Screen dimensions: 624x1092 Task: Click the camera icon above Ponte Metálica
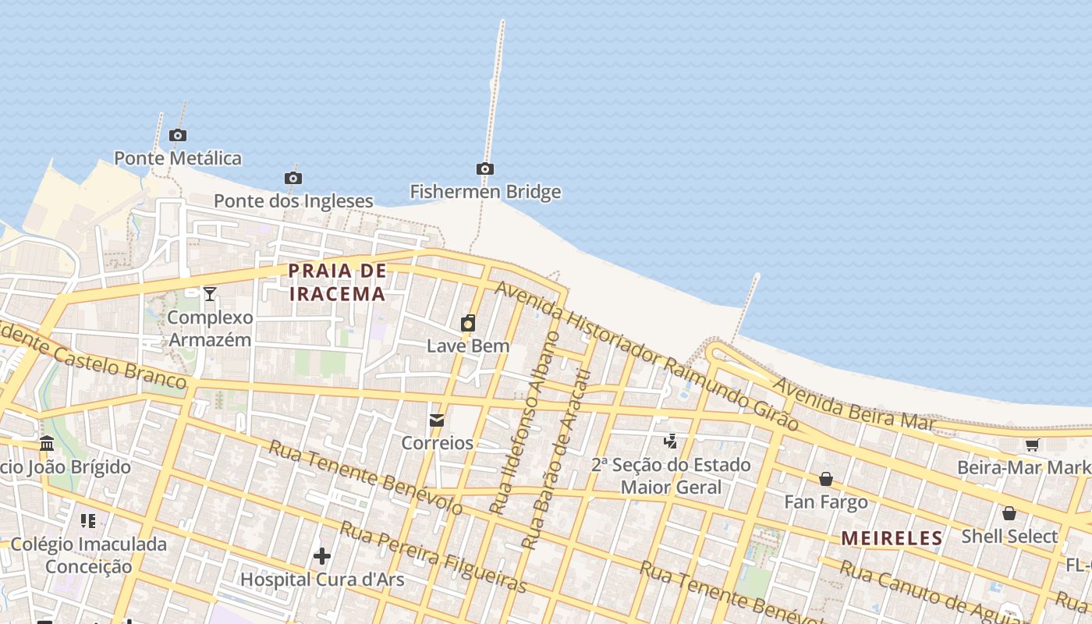point(178,136)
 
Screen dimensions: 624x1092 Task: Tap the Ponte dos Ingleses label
point(293,201)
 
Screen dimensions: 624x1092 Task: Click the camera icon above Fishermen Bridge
point(485,169)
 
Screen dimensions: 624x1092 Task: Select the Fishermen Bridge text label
point(485,192)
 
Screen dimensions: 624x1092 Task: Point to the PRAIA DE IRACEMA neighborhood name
point(337,282)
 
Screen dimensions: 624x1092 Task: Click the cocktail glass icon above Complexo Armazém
point(210,294)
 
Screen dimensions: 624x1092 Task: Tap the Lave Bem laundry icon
point(468,323)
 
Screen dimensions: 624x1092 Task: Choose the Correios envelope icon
point(437,420)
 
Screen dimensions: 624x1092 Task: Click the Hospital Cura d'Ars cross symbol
point(322,556)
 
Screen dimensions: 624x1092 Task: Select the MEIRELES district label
point(892,538)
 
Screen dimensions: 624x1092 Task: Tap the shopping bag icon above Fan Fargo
point(826,479)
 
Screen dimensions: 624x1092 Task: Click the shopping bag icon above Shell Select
point(1009,513)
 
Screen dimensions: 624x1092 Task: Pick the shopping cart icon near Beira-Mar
point(1033,445)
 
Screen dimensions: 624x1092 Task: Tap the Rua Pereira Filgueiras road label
point(434,558)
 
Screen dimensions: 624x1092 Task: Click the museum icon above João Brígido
point(47,444)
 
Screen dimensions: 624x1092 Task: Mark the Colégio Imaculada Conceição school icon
point(88,520)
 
